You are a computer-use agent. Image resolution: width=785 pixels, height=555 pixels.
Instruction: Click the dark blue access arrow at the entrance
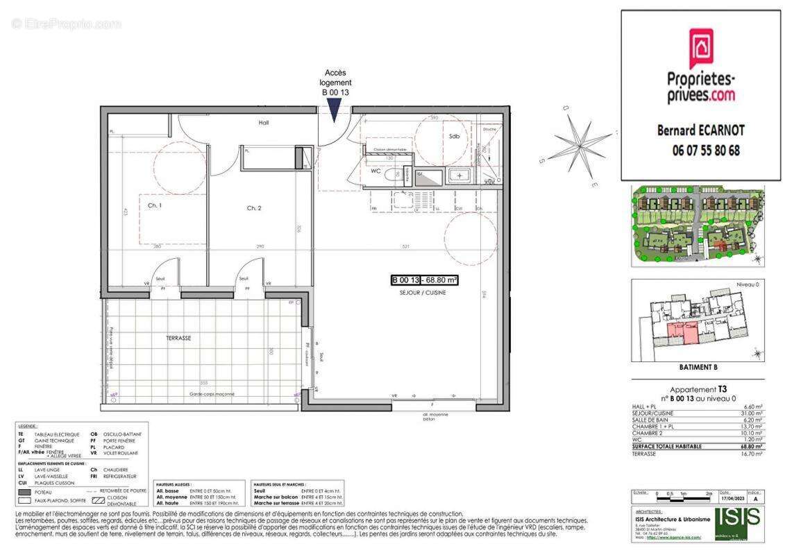pyautogui.click(x=334, y=110)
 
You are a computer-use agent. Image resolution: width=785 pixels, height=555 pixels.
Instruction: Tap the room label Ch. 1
pyautogui.click(x=154, y=206)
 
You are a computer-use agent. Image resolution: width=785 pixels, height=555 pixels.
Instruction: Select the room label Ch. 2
pyautogui.click(x=253, y=208)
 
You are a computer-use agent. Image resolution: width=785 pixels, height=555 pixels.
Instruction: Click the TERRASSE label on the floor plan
pyautogui.click(x=178, y=338)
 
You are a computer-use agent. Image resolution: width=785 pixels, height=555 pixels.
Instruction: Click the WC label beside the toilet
pyautogui.click(x=375, y=170)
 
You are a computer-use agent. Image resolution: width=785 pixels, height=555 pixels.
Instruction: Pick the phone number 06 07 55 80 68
pyautogui.click(x=706, y=150)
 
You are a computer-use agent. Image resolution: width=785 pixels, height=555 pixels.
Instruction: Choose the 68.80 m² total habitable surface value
pyautogui.click(x=752, y=446)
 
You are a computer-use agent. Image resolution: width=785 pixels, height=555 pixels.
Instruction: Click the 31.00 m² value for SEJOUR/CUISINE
pyautogui.click(x=752, y=413)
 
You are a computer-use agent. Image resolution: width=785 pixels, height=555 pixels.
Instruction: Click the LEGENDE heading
pyautogui.click(x=28, y=426)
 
